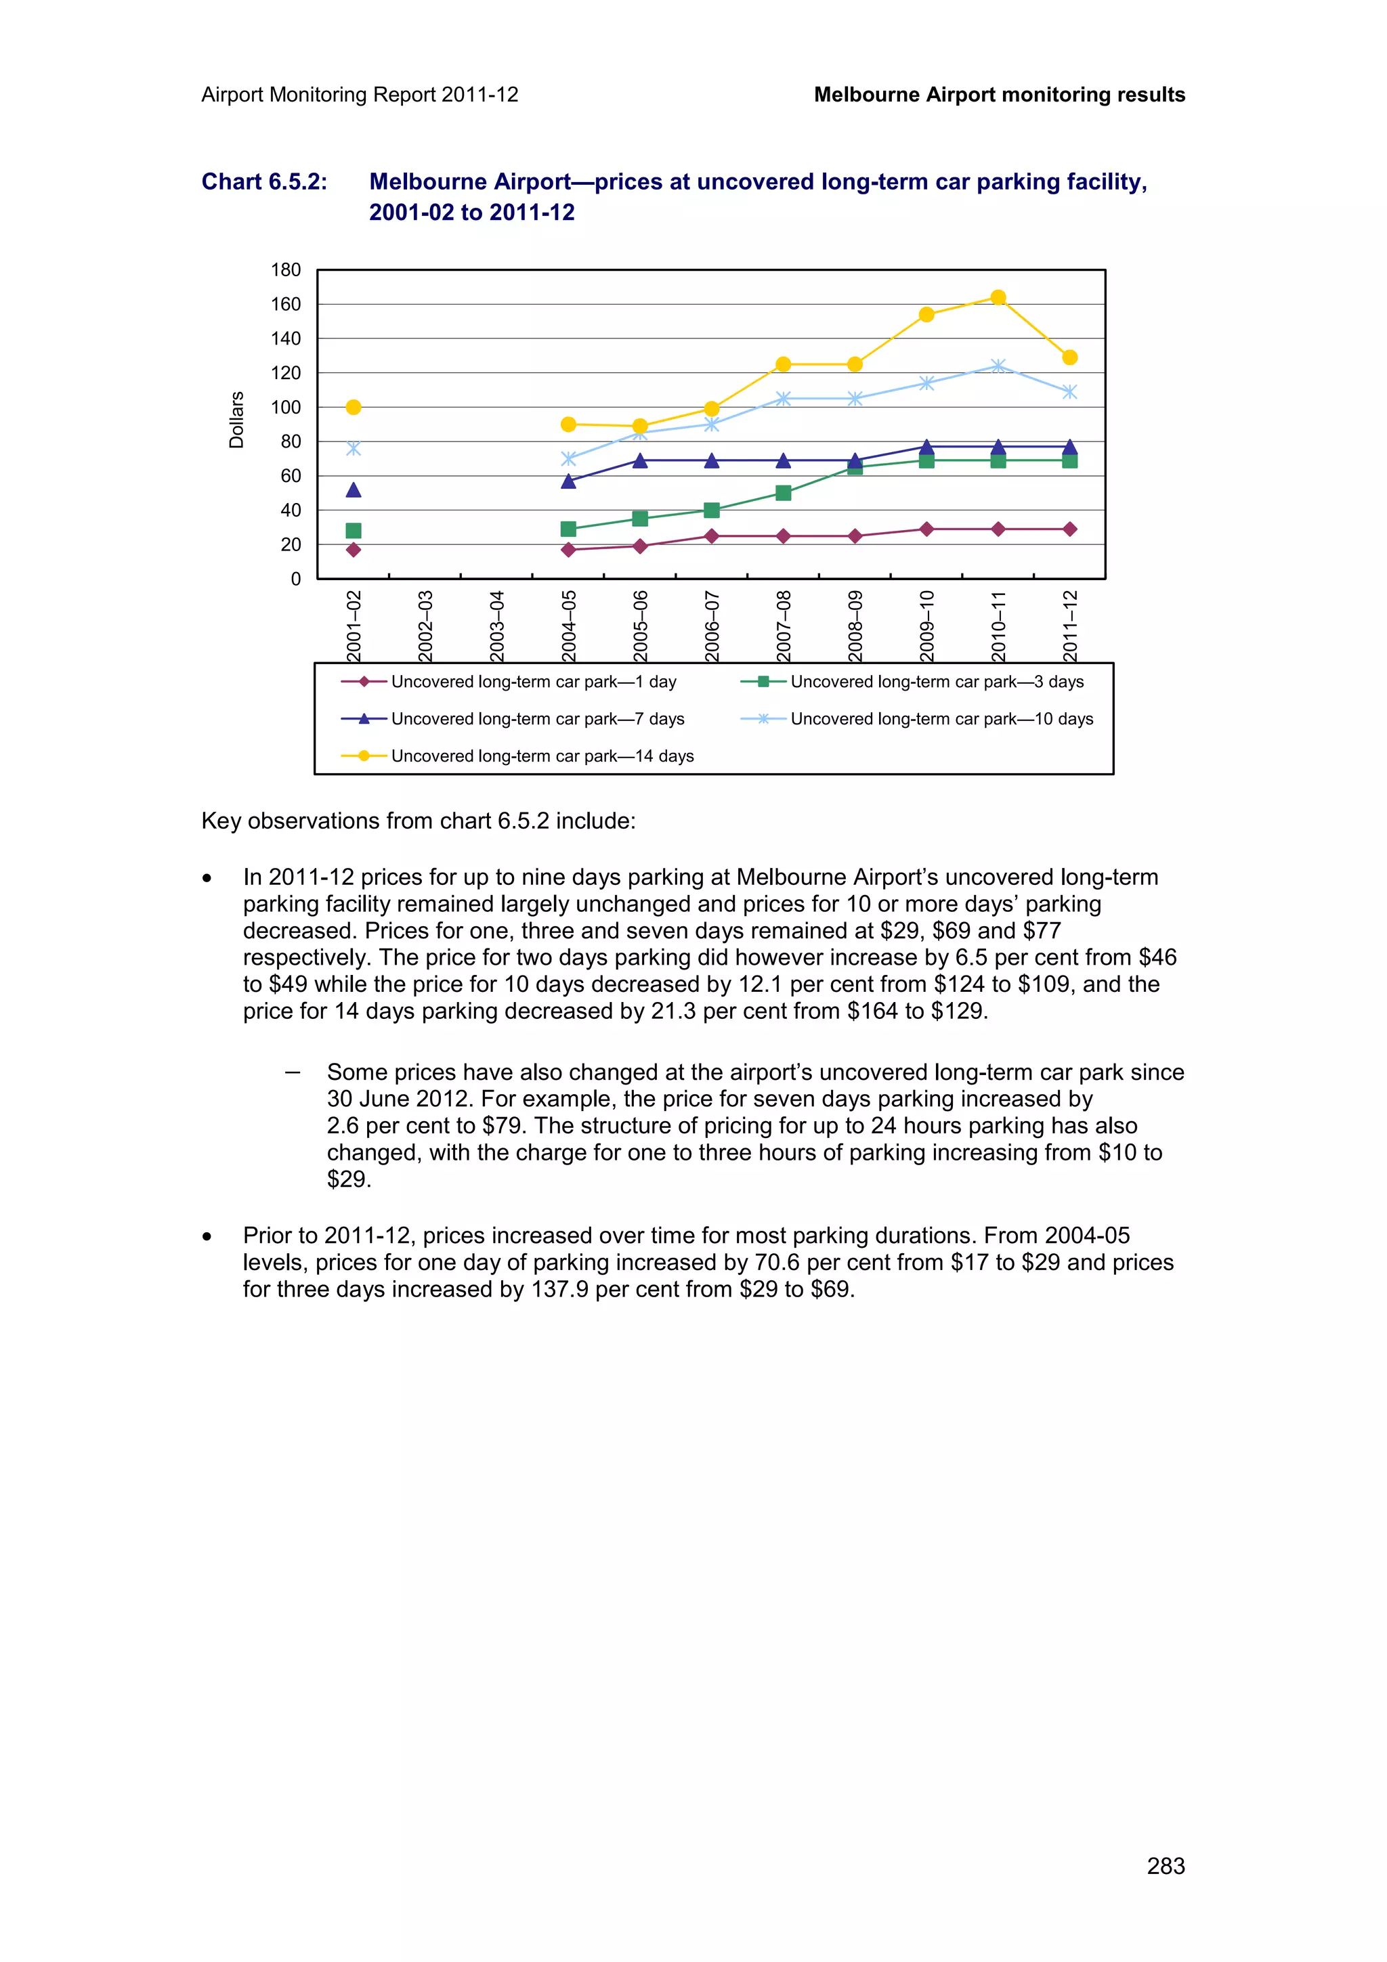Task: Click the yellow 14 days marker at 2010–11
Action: [998, 297]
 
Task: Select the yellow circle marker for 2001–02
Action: [353, 407]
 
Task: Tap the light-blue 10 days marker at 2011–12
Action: [1069, 392]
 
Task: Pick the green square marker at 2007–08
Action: [783, 493]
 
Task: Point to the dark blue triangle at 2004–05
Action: [568, 481]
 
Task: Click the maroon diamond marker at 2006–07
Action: [711, 536]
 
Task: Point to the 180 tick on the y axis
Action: [286, 270]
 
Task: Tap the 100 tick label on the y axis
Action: [286, 408]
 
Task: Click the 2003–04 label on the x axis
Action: [497, 625]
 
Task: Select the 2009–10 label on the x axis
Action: [927, 625]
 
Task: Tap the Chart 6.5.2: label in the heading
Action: [264, 182]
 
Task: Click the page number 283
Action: [1165, 1865]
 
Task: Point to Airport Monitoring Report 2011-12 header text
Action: [360, 95]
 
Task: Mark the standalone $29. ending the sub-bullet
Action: [349, 1179]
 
